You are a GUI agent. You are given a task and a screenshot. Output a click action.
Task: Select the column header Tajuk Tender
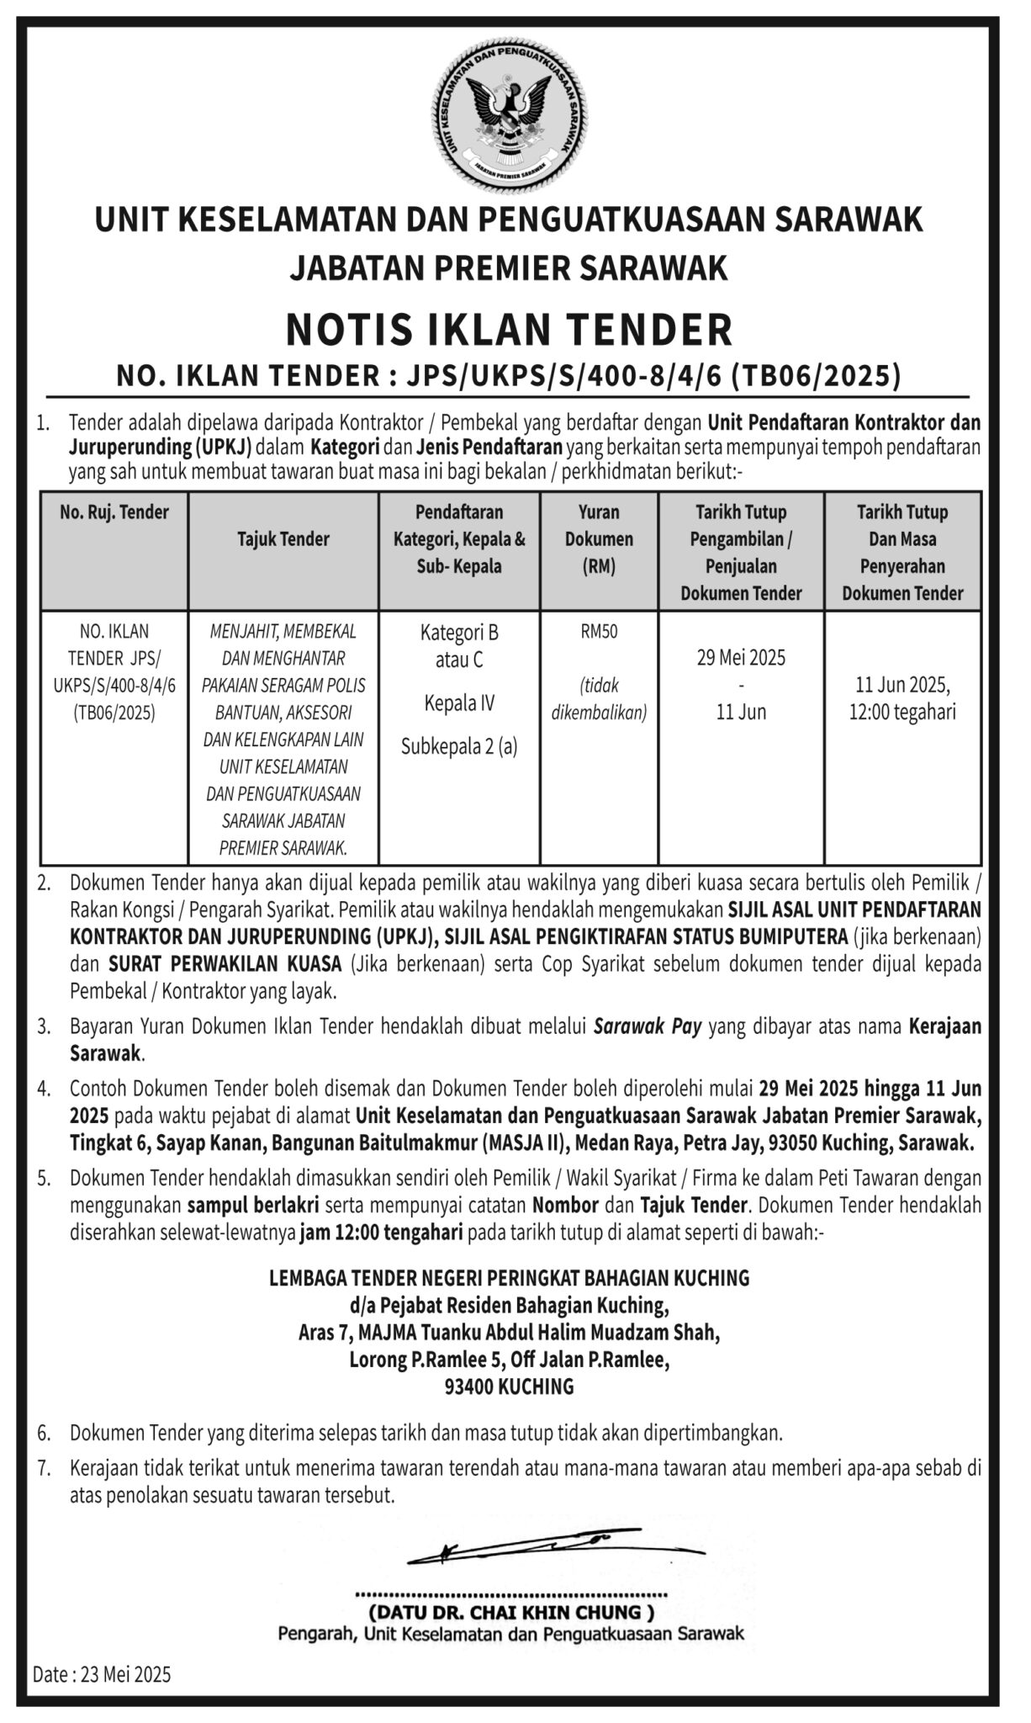[x=283, y=539]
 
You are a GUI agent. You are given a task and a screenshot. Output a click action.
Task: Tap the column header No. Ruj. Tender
[x=114, y=512]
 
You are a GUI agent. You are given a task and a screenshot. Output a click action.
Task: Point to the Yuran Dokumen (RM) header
[x=599, y=539]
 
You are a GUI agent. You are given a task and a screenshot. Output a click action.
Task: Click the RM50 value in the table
[x=599, y=632]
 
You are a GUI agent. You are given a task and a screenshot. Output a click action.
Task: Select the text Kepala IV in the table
[x=459, y=703]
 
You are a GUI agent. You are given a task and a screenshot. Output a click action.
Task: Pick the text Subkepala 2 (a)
[x=459, y=745]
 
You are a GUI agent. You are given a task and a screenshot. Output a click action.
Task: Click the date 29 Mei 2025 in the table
[x=741, y=657]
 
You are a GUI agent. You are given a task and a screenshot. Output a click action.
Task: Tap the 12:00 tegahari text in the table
[x=902, y=712]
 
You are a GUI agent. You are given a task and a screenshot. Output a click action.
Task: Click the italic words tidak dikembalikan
[x=599, y=699]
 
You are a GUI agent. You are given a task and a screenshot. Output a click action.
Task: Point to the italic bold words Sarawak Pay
[x=647, y=1027]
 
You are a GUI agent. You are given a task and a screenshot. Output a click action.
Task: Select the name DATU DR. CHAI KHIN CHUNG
[x=510, y=1612]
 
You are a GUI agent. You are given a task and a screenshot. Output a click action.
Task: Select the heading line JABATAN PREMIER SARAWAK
[x=509, y=268]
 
